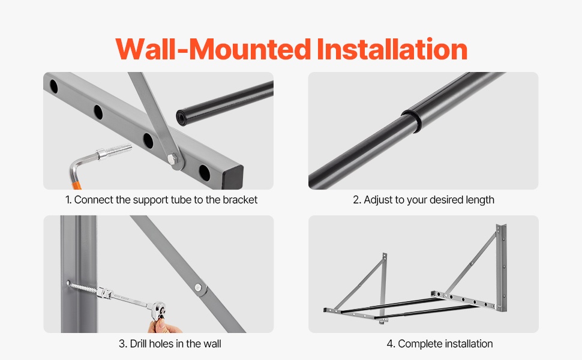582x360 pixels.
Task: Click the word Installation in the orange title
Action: tap(392, 49)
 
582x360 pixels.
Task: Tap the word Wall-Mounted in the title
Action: tap(213, 49)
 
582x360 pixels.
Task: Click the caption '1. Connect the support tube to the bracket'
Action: tap(161, 200)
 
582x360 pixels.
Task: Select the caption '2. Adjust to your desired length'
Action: tap(424, 200)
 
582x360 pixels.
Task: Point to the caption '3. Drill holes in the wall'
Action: tap(170, 344)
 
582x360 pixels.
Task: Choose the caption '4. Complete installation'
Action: tap(440, 344)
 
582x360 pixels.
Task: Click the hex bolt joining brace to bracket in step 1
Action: tap(173, 160)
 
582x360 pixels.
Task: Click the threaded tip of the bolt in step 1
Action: tap(119, 149)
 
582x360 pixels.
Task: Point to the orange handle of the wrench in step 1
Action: tap(76, 184)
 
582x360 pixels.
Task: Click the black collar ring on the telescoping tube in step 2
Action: tap(411, 120)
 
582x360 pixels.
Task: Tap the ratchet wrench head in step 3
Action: tap(159, 310)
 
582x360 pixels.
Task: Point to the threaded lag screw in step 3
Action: tap(82, 287)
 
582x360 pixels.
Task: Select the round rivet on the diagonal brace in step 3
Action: tap(199, 287)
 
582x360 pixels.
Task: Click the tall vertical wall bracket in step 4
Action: tap(501, 267)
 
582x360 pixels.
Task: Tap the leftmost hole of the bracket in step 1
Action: tap(54, 87)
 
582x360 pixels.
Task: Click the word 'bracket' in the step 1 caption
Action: tap(240, 200)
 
